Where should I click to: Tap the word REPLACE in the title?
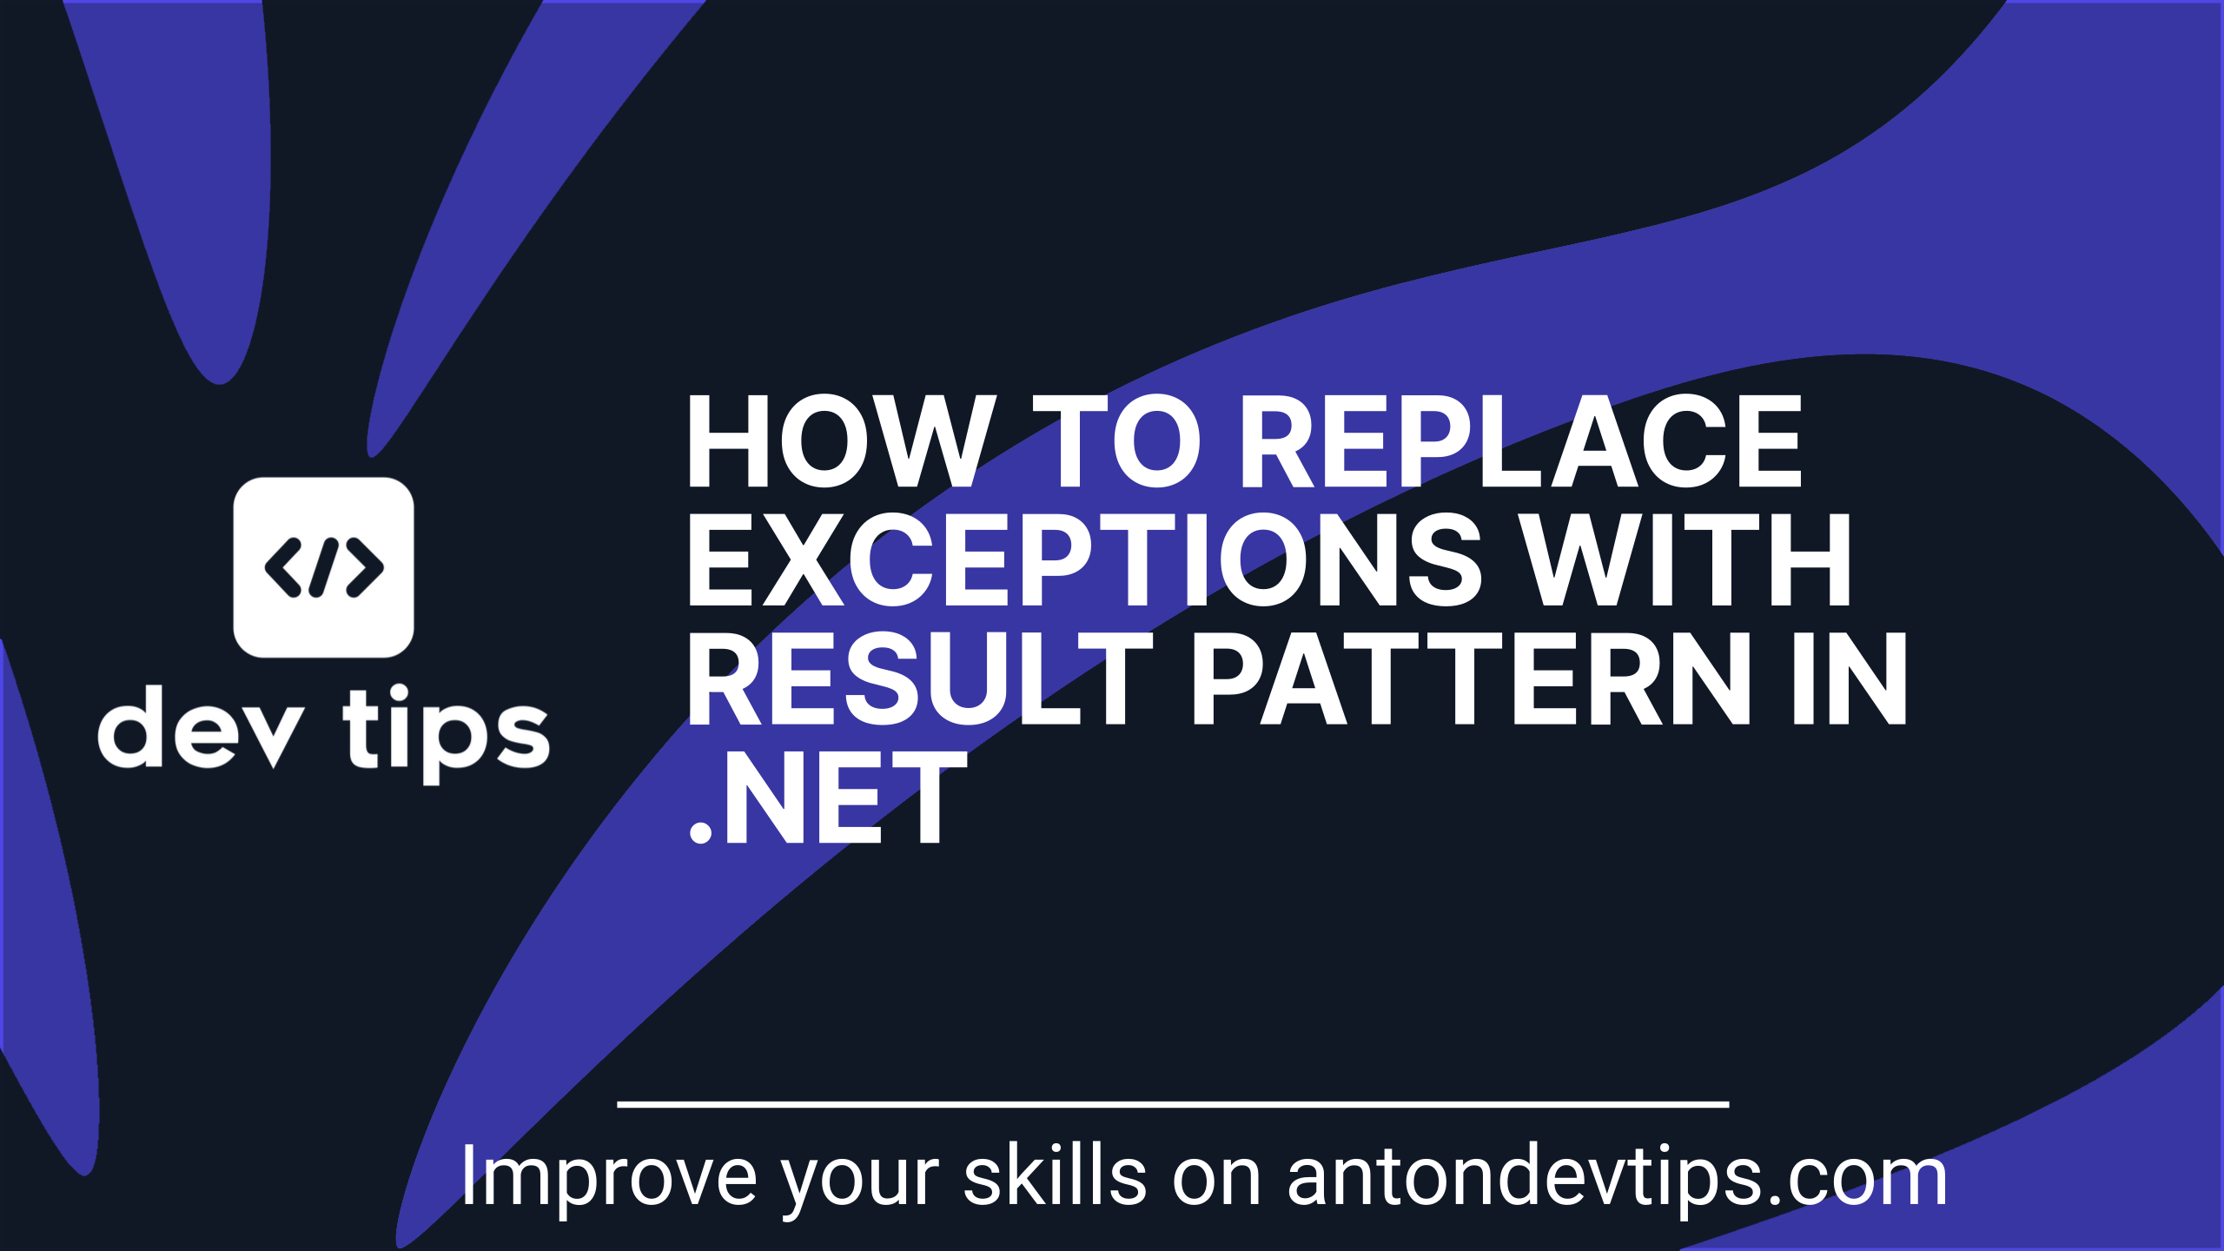[x=1520, y=441]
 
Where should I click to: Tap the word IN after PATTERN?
[x=1849, y=679]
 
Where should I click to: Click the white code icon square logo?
[x=323, y=567]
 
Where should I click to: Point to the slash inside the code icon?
[x=323, y=567]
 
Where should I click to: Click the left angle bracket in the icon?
[x=283, y=567]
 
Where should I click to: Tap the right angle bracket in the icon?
[x=365, y=567]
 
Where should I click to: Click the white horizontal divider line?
[x=1173, y=1105]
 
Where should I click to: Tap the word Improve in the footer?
[x=608, y=1178]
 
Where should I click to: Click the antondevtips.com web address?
[x=1616, y=1178]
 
